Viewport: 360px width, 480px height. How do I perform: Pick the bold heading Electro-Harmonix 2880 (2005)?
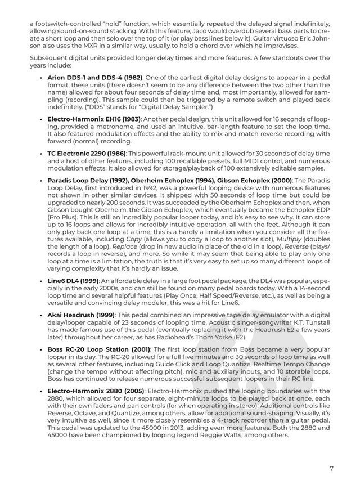click(x=96, y=389)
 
